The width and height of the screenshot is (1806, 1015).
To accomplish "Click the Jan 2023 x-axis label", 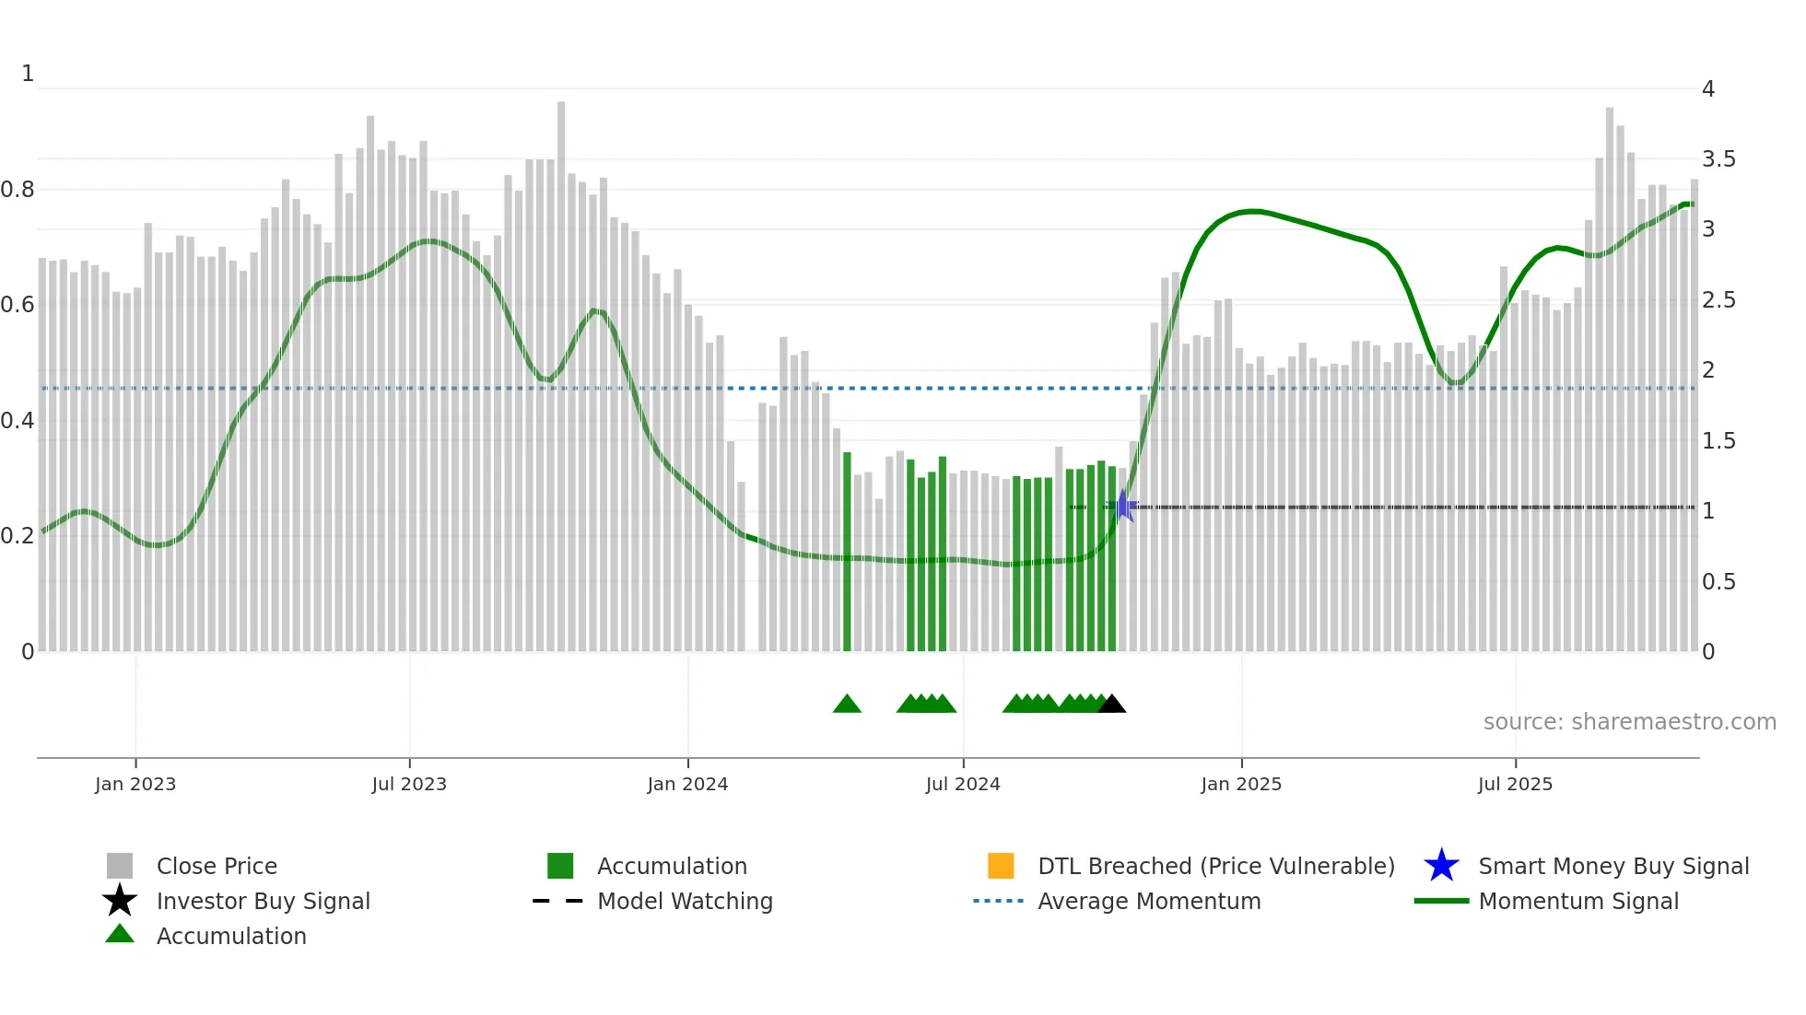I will coord(135,784).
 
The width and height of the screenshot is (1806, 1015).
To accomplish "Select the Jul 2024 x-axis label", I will coord(963,784).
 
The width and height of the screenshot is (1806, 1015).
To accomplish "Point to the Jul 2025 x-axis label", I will coord(1515,784).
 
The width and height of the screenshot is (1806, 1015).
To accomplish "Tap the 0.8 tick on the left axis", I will coord(18,190).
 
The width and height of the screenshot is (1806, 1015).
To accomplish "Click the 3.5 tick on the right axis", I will coord(1718,159).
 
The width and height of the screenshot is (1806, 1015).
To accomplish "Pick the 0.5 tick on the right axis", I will coord(1718,582).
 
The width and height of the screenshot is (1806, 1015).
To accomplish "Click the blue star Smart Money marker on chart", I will coord(1124,506).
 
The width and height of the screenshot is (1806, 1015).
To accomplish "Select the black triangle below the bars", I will coord(1112,705).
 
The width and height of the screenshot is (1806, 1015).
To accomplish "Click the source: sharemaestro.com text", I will coord(1629,722).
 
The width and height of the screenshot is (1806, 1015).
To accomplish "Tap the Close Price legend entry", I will coord(217,866).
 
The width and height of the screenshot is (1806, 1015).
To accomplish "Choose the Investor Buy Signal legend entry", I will coord(263,901).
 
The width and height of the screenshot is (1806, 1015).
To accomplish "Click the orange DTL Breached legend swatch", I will coord(1001,866).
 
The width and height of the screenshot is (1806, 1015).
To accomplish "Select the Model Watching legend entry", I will coord(685,901).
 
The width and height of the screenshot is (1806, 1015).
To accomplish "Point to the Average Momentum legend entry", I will coord(1149,901).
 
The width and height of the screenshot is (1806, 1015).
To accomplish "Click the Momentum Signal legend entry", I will coord(1578,901).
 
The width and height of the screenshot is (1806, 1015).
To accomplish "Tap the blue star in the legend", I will coord(1441,866).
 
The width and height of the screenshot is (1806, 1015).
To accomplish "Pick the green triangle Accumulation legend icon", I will coord(120,934).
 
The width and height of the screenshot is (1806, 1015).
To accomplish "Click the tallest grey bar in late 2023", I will coord(561,368).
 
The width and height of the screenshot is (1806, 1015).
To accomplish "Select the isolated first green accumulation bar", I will coord(847,553).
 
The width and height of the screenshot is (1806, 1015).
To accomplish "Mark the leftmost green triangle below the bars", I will coord(847,705).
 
